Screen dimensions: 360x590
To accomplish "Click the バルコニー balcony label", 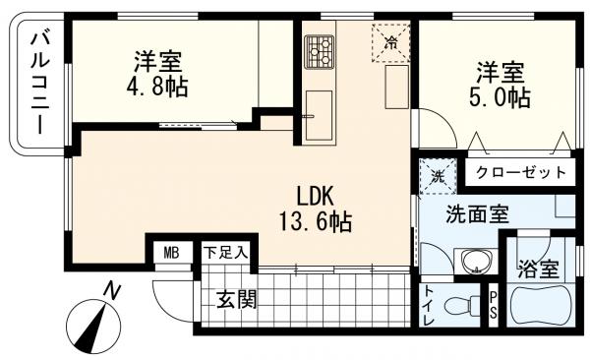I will coord(40,85).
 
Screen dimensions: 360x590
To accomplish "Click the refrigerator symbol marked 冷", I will coord(390,41).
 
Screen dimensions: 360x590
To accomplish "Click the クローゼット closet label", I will coord(520,172).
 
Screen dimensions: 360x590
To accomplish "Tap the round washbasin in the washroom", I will coord(476,262).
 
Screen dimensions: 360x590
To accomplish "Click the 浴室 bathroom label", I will coord(536,268).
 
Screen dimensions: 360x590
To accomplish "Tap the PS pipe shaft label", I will coord(494,306).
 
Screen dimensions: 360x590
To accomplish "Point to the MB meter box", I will coord(171,253).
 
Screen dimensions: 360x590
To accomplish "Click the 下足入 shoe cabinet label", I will coord(225,253).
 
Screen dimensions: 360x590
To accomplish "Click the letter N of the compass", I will coord(115,290).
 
